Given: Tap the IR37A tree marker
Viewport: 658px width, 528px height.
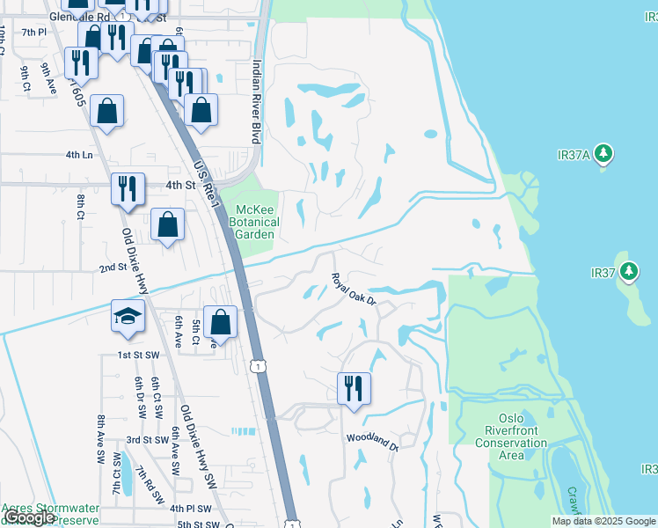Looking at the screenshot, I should (603, 154).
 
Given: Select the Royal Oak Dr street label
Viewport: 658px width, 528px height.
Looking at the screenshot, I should (354, 290).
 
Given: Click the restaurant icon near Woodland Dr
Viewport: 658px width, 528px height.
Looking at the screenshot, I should (354, 388).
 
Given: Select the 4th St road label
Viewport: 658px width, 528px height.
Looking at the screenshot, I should (179, 186).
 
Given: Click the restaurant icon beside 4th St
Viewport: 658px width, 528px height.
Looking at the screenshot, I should (128, 188).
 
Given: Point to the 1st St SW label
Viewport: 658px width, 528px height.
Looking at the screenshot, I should (139, 354).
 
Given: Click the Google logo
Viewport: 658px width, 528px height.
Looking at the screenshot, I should (29, 517).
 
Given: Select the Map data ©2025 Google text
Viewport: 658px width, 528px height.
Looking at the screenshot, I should (604, 521).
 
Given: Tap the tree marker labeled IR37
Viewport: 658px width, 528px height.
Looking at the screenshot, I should (629, 270).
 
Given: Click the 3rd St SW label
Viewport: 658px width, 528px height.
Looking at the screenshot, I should (147, 439).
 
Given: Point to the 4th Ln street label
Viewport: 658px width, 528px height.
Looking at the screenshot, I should (78, 155).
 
